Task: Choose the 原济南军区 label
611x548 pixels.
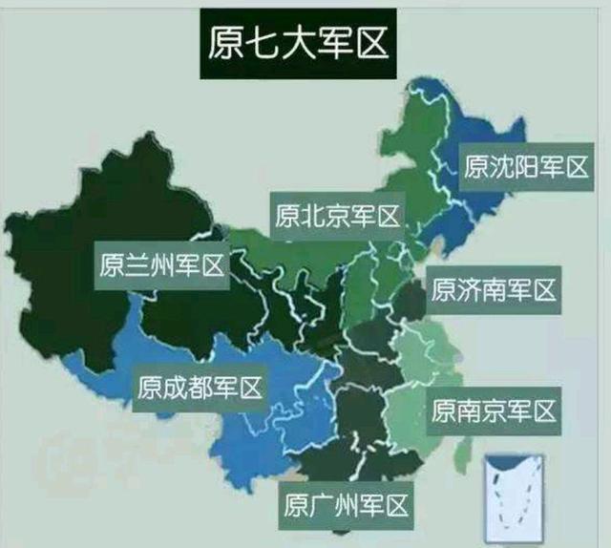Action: pos(493,288)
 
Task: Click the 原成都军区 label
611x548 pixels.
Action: pos(199,388)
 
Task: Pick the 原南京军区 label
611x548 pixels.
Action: pos(493,411)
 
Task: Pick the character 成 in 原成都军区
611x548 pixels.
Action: pos(174,388)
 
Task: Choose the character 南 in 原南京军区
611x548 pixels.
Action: pos(468,411)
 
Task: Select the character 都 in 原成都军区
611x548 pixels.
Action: pos(199,388)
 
